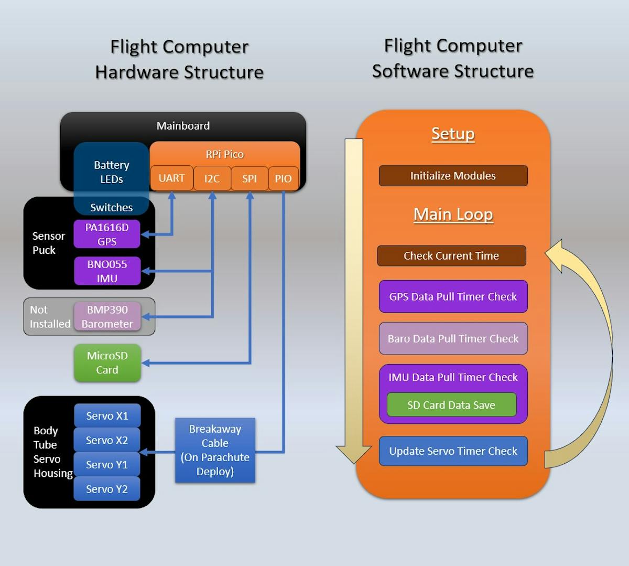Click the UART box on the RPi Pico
(x=171, y=178)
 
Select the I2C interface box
(x=212, y=178)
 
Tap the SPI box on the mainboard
(x=250, y=178)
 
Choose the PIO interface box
(x=283, y=178)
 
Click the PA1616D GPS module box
(x=107, y=234)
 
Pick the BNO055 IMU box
(x=107, y=271)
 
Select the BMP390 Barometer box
(x=107, y=316)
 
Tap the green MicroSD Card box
(x=107, y=362)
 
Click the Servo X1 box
(x=107, y=416)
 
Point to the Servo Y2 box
(x=107, y=489)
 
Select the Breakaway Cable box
(x=215, y=450)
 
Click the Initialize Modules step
(x=453, y=176)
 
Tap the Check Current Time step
(x=451, y=255)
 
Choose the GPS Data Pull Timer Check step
(x=453, y=296)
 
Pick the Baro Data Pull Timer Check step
(x=453, y=338)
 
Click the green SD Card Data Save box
(x=451, y=405)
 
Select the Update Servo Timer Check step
(x=453, y=451)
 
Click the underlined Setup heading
(x=453, y=134)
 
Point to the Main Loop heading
(x=453, y=214)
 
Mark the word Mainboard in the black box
(x=183, y=126)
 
